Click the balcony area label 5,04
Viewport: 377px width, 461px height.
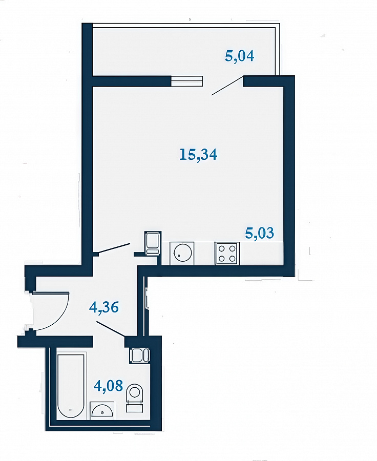(239, 56)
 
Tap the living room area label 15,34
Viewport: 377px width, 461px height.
(198, 154)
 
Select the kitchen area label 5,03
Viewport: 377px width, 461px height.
(259, 233)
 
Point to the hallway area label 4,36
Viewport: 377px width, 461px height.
(104, 307)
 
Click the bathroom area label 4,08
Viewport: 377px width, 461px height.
(108, 385)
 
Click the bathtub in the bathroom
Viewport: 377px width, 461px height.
(71, 387)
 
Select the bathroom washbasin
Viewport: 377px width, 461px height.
(102, 409)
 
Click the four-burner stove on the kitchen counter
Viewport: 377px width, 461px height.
(227, 254)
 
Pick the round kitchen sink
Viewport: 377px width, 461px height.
(183, 253)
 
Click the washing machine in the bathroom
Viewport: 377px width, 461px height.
(140, 355)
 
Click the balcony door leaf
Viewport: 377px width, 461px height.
(227, 86)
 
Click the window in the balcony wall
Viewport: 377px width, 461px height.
(187, 81)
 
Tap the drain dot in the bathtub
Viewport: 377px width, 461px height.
(70, 410)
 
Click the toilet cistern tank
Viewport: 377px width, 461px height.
(135, 408)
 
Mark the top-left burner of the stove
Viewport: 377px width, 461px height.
(222, 248)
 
